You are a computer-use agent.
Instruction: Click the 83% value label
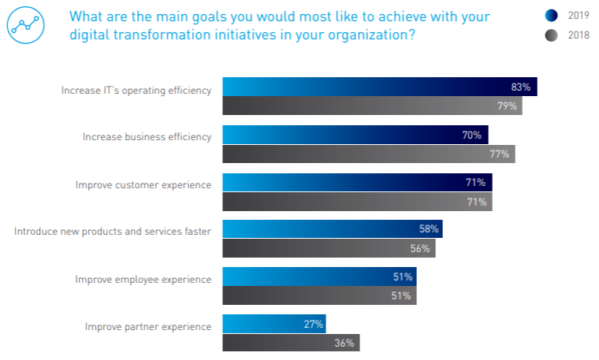[520, 87]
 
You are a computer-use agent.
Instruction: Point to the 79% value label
[507, 106]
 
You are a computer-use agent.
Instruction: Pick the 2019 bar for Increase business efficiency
[355, 135]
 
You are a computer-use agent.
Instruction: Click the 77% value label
[500, 154]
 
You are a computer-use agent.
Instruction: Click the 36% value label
[344, 343]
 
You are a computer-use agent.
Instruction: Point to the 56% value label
[420, 249]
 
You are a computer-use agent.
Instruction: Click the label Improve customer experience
[143, 185]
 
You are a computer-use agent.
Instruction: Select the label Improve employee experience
[143, 280]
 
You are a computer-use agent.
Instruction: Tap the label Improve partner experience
[148, 326]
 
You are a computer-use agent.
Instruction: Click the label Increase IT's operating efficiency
[136, 90]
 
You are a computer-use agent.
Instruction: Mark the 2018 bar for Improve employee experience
[319, 296]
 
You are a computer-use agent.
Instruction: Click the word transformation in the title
[136, 35]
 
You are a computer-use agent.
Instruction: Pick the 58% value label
[428, 229]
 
